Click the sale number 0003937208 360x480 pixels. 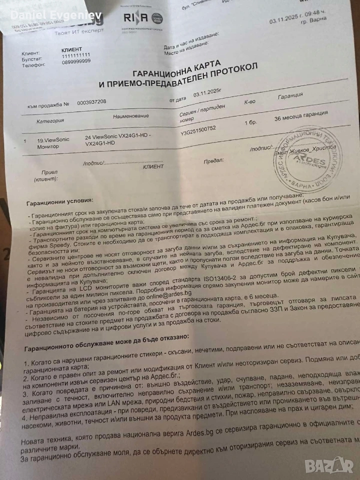(x=91, y=101)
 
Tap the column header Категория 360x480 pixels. (x=49, y=120)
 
